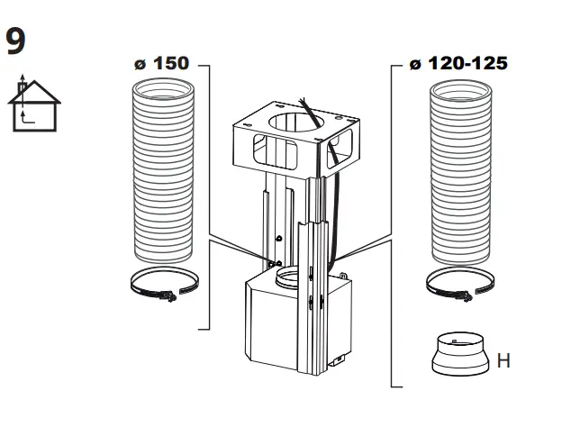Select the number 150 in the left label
(x=171, y=66)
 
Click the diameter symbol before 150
(x=139, y=67)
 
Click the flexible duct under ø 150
(x=164, y=171)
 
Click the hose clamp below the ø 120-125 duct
(x=460, y=283)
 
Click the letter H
(x=503, y=361)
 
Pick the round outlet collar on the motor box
(x=293, y=274)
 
